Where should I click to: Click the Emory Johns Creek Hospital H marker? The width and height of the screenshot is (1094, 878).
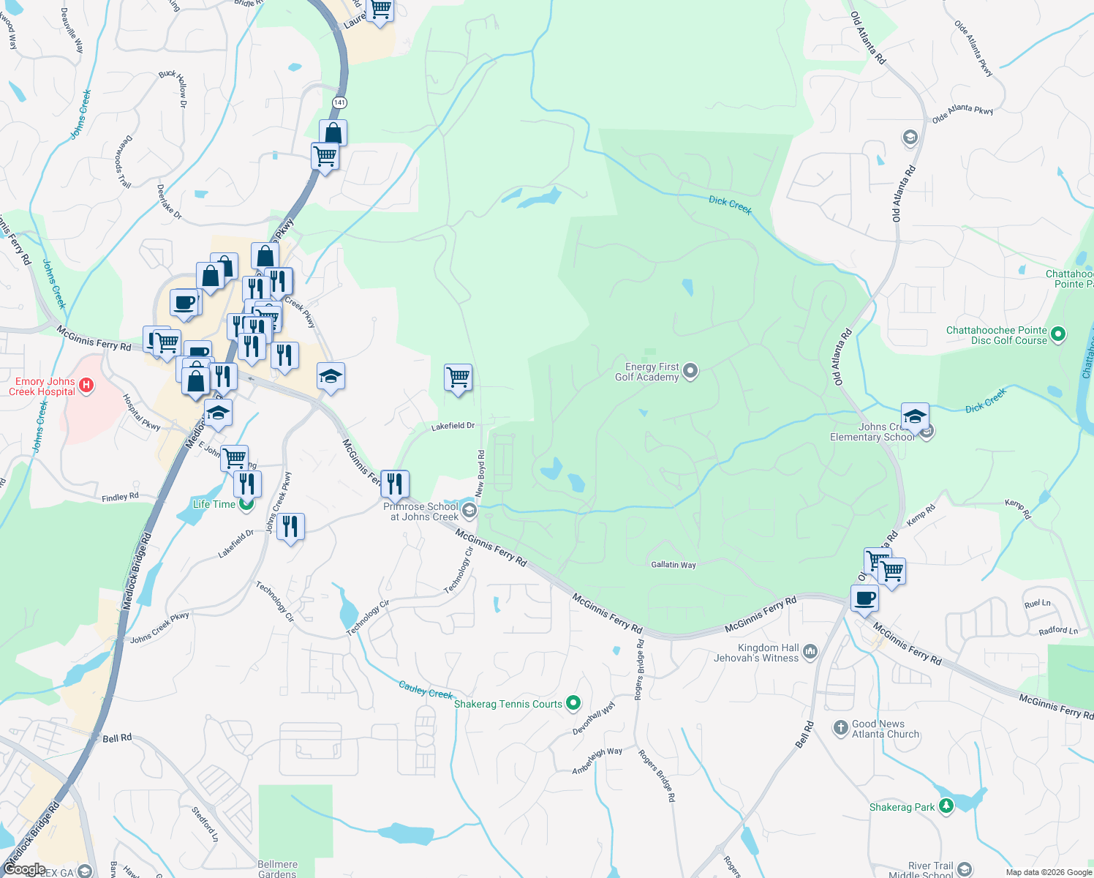click(86, 385)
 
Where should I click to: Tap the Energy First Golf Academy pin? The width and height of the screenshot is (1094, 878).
click(690, 372)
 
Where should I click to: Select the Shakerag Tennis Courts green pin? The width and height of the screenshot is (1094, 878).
click(573, 704)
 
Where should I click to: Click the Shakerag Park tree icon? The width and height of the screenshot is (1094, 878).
click(946, 806)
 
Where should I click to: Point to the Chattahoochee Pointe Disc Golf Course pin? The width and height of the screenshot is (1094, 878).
click(1057, 335)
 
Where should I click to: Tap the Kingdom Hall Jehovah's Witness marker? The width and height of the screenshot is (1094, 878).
click(810, 652)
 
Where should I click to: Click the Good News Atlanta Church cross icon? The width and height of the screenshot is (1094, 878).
click(841, 728)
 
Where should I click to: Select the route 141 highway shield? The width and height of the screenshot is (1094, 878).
click(339, 102)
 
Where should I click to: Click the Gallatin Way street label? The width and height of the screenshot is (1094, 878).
click(674, 565)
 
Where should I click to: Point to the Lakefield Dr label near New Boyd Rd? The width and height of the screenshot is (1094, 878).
click(453, 426)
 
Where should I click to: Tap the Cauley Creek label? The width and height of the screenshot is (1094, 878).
click(426, 689)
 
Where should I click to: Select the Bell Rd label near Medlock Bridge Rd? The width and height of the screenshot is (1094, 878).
click(117, 738)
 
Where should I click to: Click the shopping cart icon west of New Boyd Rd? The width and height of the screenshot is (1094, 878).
click(458, 378)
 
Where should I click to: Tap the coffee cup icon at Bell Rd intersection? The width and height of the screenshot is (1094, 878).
click(864, 599)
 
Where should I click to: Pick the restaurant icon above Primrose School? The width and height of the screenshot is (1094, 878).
click(394, 484)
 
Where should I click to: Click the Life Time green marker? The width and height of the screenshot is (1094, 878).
click(246, 503)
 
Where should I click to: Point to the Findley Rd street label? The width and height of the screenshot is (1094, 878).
click(120, 498)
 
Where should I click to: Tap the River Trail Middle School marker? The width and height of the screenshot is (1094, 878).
click(965, 868)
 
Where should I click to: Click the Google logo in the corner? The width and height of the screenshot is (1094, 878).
click(23, 869)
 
